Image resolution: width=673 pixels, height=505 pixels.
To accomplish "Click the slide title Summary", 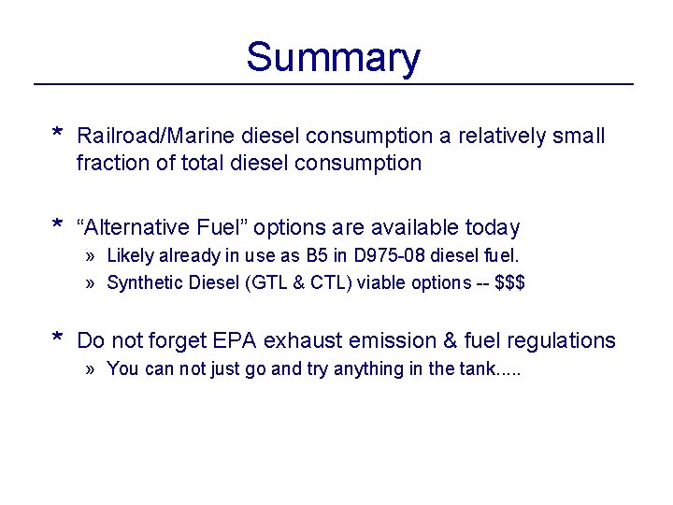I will [333, 57].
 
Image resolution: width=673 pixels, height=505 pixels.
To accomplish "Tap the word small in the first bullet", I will [580, 137].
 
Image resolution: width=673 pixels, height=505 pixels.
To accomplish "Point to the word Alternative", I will [139, 227].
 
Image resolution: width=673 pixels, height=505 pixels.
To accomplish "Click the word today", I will [491, 227].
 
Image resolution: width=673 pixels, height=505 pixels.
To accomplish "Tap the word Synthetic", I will [143, 282].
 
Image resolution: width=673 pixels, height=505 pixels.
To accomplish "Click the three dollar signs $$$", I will [510, 282].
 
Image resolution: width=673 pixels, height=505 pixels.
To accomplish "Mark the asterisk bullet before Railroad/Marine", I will [57, 135].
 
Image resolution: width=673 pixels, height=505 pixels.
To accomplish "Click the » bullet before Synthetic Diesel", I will [90, 282].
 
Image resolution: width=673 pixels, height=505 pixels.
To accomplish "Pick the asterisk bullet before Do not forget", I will [57, 339].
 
